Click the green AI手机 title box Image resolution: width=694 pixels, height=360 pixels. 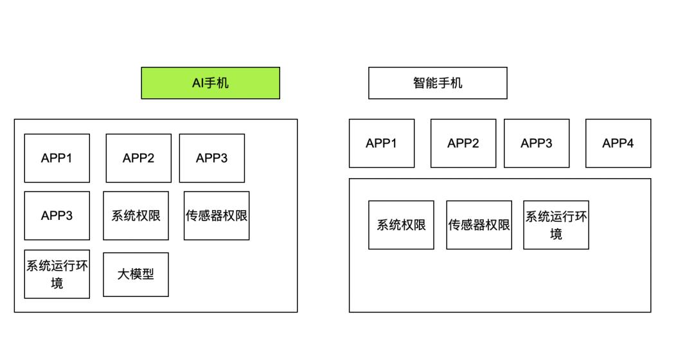tap(210, 83)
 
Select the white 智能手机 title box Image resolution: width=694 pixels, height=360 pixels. tap(438, 83)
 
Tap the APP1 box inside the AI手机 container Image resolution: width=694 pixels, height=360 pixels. tap(57, 158)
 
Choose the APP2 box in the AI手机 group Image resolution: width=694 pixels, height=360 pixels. tap(138, 158)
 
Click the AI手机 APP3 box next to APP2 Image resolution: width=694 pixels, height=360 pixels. tap(211, 158)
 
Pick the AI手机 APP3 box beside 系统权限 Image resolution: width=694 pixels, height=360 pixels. tap(57, 215)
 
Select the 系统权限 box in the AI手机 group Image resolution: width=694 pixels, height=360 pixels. tap(136, 215)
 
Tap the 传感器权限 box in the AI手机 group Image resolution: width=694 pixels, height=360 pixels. tap(217, 215)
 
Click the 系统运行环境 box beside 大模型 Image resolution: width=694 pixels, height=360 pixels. tap(57, 274)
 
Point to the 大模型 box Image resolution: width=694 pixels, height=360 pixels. tap(136, 274)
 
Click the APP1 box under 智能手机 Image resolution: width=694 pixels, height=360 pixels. tap(381, 143)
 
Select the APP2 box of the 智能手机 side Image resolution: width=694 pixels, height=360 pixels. tap(463, 143)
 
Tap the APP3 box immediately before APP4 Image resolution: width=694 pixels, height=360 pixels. tap(536, 143)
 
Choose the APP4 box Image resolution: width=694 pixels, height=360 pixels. tap(618, 143)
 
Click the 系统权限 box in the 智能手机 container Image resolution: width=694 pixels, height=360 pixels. tap(401, 225)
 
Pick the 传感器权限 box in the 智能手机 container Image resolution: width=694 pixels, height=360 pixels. tap(479, 225)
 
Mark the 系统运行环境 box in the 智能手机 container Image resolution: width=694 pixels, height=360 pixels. tap(556, 225)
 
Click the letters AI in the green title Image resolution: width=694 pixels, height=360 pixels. tap(198, 83)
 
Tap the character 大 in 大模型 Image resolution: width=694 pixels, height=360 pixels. tap(123, 274)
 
